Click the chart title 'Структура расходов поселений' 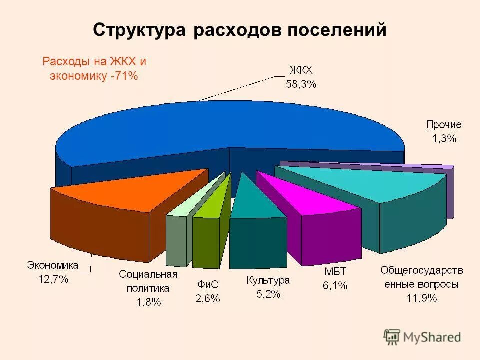click(x=240, y=30)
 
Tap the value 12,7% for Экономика click(x=53, y=279)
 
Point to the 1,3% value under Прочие click(x=444, y=139)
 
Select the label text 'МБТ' click(x=334, y=273)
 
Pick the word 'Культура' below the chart click(x=268, y=280)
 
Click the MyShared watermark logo click(x=422, y=337)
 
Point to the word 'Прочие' click(x=444, y=125)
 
